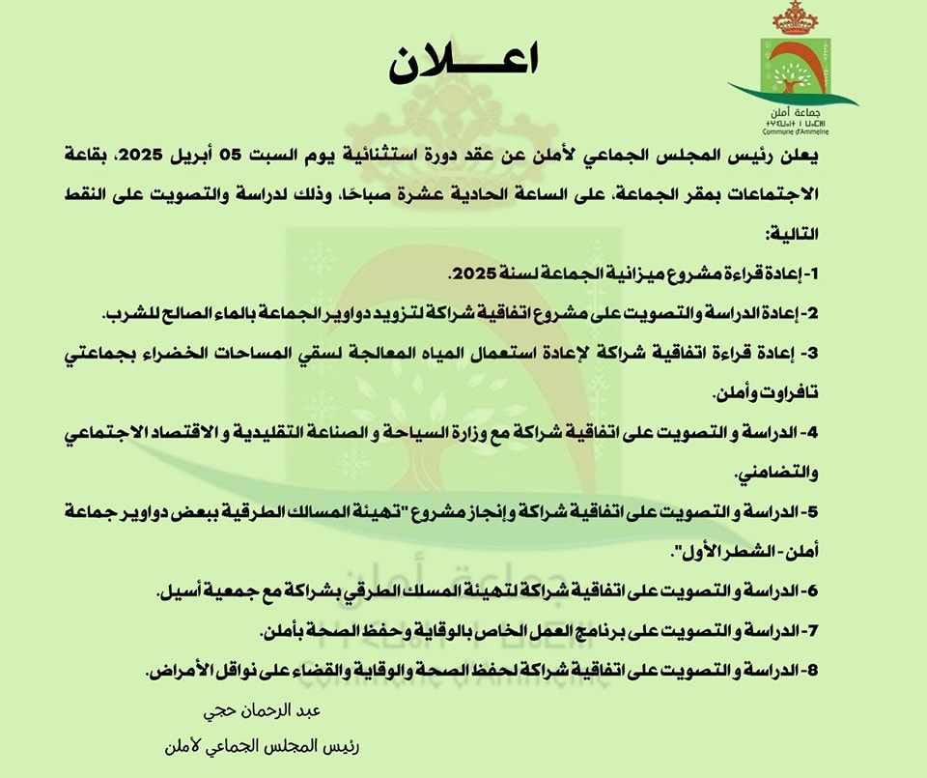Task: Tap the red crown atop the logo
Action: click(796, 18)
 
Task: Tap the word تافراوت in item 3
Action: click(780, 393)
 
